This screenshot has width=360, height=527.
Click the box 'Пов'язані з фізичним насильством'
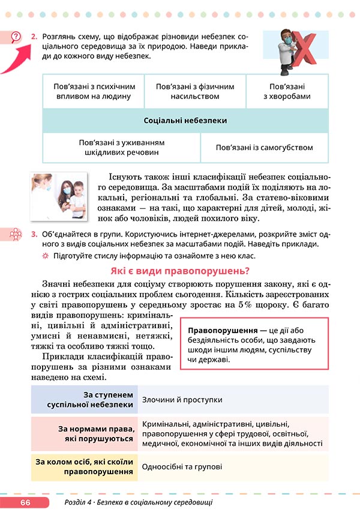tap(194, 91)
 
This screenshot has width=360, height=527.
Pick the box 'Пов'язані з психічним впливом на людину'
tap(94, 91)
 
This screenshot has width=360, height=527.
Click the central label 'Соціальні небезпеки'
tap(185, 121)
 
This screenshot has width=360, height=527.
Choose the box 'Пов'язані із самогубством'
tap(265, 148)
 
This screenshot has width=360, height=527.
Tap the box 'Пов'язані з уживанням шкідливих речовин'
tap(121, 148)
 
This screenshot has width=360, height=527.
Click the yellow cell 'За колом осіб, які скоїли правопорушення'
tap(84, 466)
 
